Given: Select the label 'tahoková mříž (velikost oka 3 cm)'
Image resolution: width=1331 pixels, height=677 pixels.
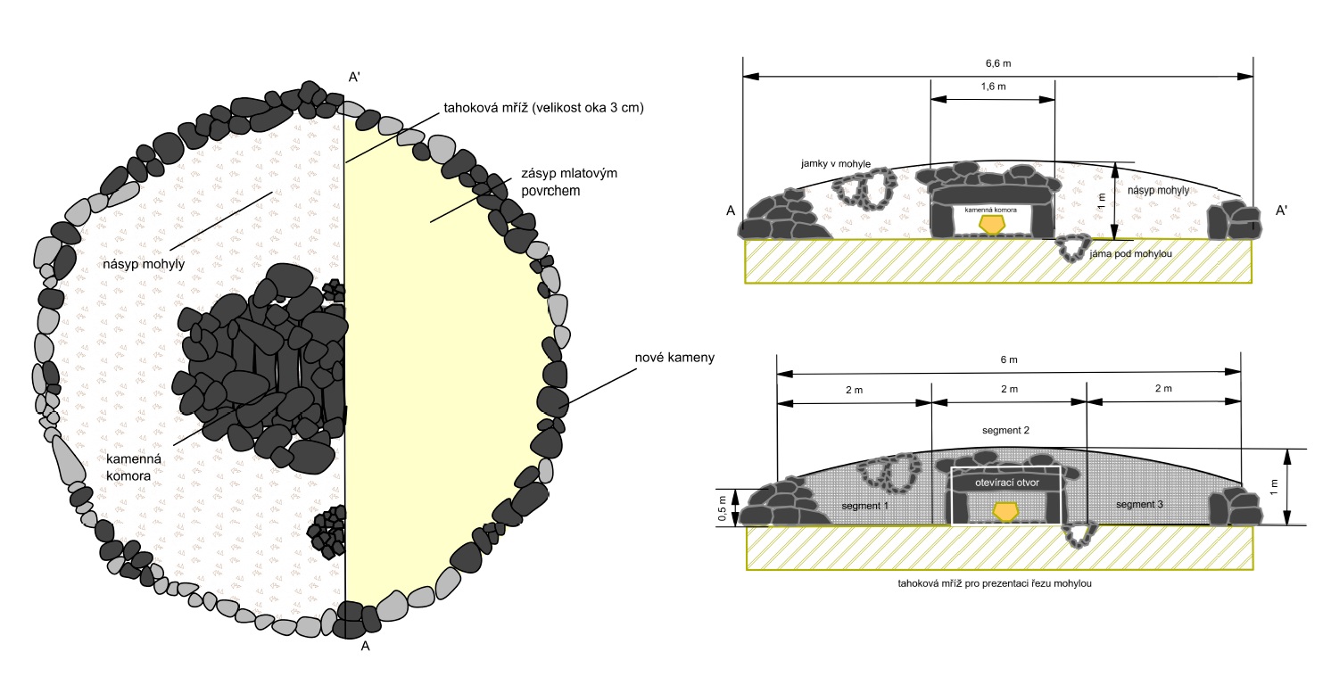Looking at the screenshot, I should coord(543,108).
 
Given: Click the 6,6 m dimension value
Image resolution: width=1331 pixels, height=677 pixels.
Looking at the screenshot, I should coord(998,63).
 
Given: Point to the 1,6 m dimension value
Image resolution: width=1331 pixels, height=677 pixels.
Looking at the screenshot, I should coord(993,87).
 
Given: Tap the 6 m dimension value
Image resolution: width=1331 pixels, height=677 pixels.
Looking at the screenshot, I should coord(1009,359).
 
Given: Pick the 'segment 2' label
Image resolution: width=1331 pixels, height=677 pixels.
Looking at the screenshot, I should coord(1005,431).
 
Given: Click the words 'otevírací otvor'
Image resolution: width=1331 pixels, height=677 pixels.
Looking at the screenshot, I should coord(1007,482).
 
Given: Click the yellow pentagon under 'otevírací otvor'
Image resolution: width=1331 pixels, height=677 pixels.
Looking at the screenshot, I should coord(1006,511).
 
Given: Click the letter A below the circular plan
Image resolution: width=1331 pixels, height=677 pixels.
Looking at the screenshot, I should coord(365,648).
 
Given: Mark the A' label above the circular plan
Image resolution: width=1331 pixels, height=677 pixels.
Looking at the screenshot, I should coord(354,77).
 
